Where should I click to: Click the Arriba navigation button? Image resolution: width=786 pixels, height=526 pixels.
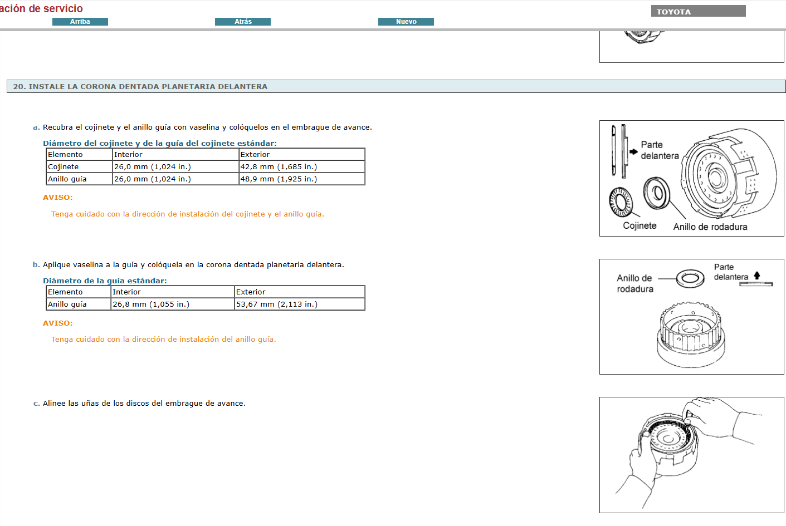(80, 22)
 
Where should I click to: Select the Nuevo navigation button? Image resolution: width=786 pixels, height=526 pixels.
(406, 22)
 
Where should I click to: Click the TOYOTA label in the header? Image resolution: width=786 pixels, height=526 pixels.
(673, 12)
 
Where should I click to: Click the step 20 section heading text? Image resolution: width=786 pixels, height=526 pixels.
(140, 86)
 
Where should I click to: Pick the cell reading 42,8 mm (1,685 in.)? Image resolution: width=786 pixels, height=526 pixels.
(279, 167)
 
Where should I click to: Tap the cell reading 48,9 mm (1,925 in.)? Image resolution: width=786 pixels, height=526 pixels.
(279, 179)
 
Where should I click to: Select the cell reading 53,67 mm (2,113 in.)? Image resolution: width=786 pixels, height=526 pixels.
(277, 304)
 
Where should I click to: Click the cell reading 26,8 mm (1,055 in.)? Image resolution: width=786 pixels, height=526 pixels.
(151, 304)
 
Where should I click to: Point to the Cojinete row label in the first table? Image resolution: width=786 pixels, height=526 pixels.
(64, 167)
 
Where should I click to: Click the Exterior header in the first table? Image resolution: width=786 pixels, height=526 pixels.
(255, 155)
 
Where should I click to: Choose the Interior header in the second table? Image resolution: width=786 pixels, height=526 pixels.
(127, 292)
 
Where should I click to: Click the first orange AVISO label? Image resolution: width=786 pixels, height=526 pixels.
(58, 198)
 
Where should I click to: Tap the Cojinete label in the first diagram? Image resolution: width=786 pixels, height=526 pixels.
(639, 225)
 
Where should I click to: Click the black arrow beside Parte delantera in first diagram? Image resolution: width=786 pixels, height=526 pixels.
(633, 151)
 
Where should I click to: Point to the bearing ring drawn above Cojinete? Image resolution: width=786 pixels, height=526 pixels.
(621, 201)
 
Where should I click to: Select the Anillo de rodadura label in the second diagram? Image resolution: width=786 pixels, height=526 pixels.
(634, 283)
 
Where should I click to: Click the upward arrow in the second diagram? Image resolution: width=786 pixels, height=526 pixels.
(757, 276)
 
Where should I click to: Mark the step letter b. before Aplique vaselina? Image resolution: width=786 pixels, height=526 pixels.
(36, 265)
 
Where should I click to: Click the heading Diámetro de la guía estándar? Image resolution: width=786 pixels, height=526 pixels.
(105, 281)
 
